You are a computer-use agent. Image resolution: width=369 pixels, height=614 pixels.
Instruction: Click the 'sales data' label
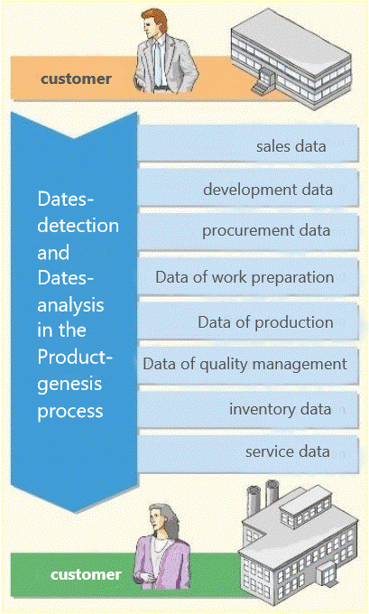tap(291, 146)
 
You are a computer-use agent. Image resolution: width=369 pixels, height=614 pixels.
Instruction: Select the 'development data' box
tap(248, 188)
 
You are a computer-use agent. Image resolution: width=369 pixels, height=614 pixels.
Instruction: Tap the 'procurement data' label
tap(266, 230)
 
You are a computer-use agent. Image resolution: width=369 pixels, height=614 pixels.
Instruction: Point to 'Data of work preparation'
tap(244, 277)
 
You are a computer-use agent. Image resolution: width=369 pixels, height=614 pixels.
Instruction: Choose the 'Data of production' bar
tap(248, 321)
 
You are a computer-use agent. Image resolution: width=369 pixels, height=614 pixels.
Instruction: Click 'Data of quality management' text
tap(244, 364)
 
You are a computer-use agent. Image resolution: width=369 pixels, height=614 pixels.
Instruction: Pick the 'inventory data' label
tap(281, 409)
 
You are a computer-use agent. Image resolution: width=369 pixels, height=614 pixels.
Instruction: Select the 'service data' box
tap(248, 454)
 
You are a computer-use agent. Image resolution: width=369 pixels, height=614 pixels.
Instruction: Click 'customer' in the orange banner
tap(76, 79)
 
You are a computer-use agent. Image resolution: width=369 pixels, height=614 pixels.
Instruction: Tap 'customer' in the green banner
tap(86, 574)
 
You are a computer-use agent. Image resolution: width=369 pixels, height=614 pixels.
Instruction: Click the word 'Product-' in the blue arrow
tap(75, 358)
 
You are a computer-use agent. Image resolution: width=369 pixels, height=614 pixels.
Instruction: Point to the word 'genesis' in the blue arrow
tap(69, 385)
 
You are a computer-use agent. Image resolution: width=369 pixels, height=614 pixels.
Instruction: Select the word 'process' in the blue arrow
tap(70, 412)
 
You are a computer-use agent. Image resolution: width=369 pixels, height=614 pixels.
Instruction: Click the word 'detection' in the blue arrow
tap(78, 225)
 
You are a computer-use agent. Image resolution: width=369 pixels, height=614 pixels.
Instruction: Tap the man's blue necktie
tap(158, 62)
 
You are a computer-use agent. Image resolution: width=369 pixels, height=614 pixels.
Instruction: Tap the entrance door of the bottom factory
tap(327, 572)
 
